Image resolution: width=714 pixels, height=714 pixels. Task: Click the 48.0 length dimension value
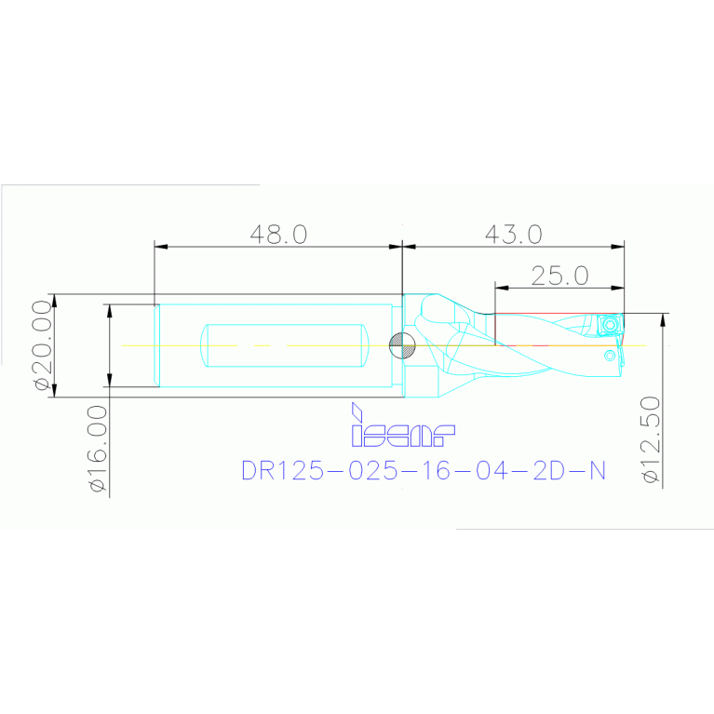click(x=277, y=234)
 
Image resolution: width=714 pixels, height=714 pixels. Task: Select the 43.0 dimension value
click(x=513, y=234)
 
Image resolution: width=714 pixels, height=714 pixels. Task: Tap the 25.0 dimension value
click(x=560, y=276)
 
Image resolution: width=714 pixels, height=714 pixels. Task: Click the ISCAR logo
click(x=402, y=433)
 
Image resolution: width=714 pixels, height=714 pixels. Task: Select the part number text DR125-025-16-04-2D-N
click(x=424, y=471)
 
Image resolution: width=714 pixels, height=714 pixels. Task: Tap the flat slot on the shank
click(x=283, y=344)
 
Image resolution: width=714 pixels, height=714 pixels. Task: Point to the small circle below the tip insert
click(x=610, y=355)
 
